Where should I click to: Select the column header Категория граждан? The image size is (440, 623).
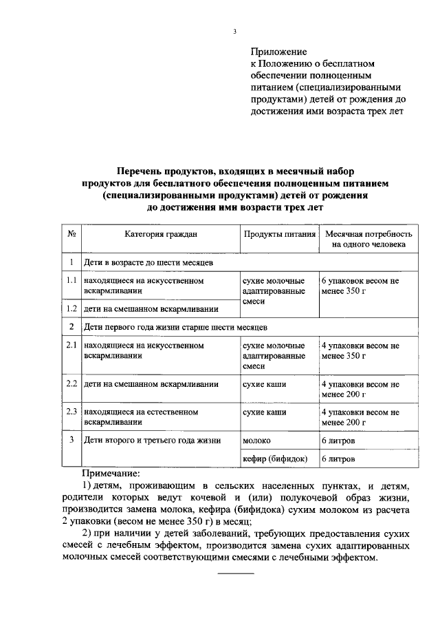click(x=161, y=234)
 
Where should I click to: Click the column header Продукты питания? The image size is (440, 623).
click(x=278, y=234)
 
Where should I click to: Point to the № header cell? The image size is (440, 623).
click(x=71, y=234)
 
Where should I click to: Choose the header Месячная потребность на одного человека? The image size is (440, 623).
click(x=368, y=239)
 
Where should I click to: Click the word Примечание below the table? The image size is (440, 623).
click(x=111, y=474)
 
